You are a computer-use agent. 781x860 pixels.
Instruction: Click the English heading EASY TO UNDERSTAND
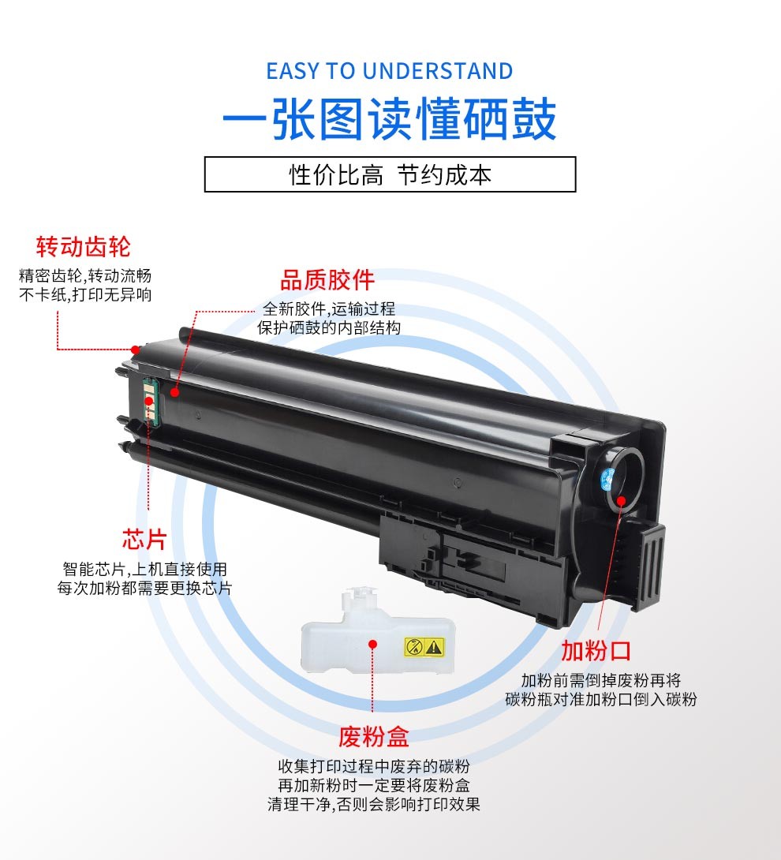(x=390, y=71)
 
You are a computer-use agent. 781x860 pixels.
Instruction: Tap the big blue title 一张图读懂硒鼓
(x=390, y=119)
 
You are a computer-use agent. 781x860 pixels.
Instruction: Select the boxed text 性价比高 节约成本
(x=390, y=175)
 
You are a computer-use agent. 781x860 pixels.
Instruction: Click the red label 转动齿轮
(x=84, y=247)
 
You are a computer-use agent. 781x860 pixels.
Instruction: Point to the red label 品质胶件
(x=327, y=280)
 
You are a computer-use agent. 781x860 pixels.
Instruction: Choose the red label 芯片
(x=144, y=540)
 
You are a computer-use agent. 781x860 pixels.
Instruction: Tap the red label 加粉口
(x=596, y=651)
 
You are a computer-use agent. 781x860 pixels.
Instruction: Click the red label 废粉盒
(x=373, y=737)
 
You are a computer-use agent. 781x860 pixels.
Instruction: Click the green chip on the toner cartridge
(x=150, y=400)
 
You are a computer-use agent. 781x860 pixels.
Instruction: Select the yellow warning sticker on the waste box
(x=424, y=647)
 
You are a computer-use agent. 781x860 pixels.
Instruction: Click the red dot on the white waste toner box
(x=372, y=644)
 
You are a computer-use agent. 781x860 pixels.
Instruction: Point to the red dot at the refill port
(x=622, y=500)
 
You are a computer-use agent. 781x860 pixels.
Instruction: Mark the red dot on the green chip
(x=148, y=401)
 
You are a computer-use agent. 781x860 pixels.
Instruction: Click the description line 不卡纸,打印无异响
(x=85, y=295)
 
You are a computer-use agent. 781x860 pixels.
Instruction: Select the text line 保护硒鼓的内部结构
(x=329, y=328)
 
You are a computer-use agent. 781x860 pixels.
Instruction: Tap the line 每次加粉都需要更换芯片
(x=145, y=589)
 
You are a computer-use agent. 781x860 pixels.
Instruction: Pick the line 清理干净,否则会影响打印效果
(x=373, y=805)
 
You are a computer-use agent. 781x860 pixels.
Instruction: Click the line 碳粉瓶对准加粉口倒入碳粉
(x=601, y=700)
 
